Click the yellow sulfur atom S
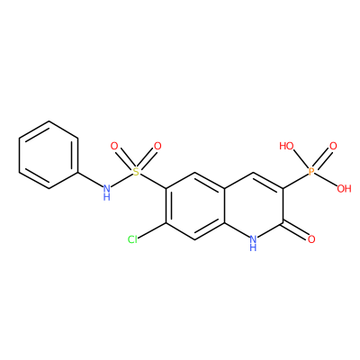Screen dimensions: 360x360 pyautogui.click(x=136, y=172)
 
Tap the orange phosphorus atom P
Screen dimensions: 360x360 pyautogui.click(x=311, y=172)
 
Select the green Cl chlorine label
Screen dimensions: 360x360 pyautogui.click(x=132, y=239)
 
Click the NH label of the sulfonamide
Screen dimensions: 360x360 pyautogui.click(x=107, y=192)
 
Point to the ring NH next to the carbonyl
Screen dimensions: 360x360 pyautogui.click(x=253, y=243)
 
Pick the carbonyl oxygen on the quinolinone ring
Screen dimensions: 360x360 pyautogui.click(x=311, y=239)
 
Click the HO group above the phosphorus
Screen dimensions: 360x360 pyautogui.click(x=286, y=147)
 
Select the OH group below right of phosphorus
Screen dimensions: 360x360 pyautogui.click(x=344, y=189)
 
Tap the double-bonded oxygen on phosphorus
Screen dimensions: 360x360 pyautogui.click(x=333, y=147)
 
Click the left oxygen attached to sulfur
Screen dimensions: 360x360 pyautogui.click(x=114, y=147)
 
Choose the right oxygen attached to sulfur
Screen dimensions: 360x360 pyautogui.click(x=157, y=147)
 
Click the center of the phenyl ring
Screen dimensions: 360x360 pyautogui.click(x=49, y=155)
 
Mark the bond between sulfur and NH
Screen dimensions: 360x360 pyautogui.click(x=121, y=180)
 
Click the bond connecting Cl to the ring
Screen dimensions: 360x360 pyautogui.click(x=152, y=231)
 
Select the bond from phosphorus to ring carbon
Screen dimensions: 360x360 pyautogui.click(x=295, y=182)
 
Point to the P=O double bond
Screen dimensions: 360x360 pyautogui.click(x=322, y=159)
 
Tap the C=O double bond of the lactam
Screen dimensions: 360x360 pyautogui.click(x=295, y=230)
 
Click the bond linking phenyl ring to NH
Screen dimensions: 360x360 pyautogui.click(x=90, y=180)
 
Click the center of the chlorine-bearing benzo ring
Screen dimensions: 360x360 pyautogui.click(x=195, y=206)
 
